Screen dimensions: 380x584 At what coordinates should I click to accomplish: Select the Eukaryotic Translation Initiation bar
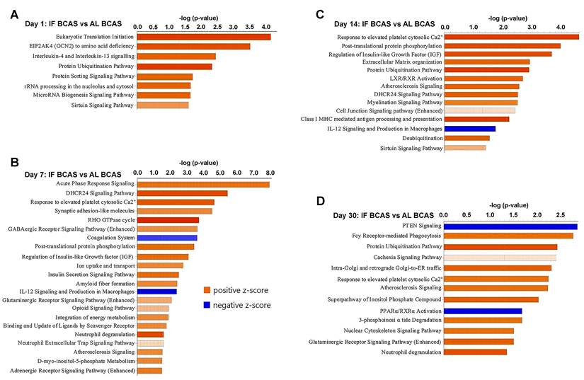tap(203, 36)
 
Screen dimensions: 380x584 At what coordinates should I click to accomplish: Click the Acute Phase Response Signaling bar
tap(202, 185)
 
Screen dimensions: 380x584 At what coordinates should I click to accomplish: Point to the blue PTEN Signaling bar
tap(511, 226)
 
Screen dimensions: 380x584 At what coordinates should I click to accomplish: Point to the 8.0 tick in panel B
tap(270, 172)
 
